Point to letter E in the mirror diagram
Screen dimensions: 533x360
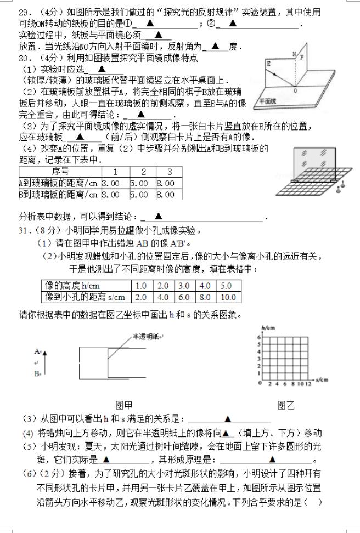[x=269, y=64]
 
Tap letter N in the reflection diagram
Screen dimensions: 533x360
[x=295, y=54]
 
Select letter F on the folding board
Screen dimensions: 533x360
[x=301, y=56]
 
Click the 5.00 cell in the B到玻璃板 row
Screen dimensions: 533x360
[x=139, y=194]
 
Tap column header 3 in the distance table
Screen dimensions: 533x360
[x=169, y=172]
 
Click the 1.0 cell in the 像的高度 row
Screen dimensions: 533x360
[x=141, y=286]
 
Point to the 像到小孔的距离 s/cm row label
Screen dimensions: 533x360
[x=86, y=297]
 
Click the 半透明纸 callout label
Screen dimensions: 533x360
[x=144, y=337]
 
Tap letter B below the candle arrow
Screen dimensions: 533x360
[x=37, y=374]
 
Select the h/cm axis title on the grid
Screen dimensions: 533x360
[x=267, y=327]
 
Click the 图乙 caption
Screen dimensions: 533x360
[x=286, y=406]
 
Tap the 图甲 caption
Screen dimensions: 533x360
[x=124, y=406]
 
